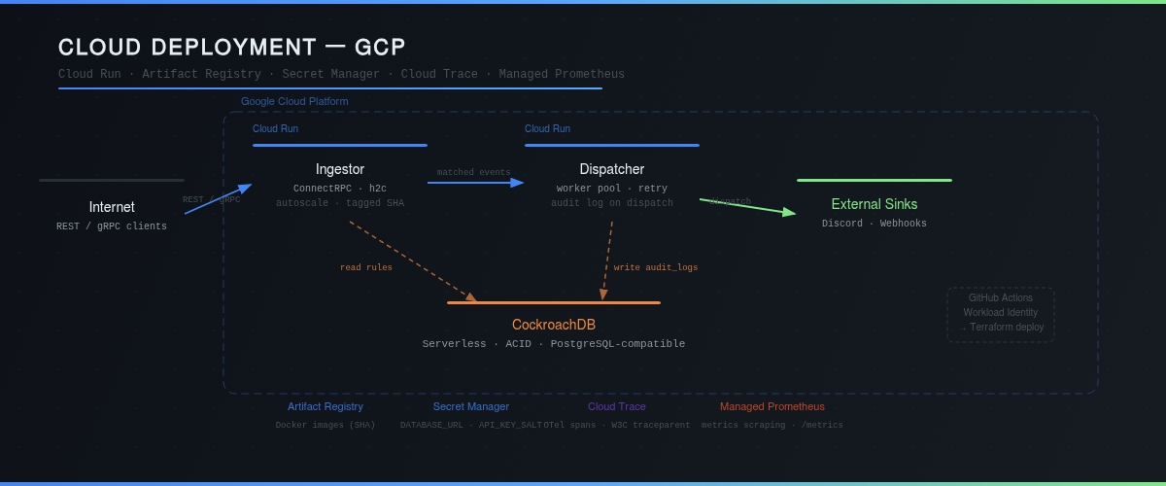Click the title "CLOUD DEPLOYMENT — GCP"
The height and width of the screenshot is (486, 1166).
(231, 47)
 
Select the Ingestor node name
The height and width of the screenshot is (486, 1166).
(340, 169)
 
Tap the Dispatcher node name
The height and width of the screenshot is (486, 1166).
(612, 169)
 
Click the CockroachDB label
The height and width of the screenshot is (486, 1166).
(554, 325)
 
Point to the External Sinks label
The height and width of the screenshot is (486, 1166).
(874, 204)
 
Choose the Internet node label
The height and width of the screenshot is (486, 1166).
(112, 207)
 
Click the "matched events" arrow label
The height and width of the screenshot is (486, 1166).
(473, 172)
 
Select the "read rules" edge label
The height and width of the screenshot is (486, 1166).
(366, 267)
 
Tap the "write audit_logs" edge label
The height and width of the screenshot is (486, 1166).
(656, 267)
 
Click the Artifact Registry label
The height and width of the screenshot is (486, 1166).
(326, 406)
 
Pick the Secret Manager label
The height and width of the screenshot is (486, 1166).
(471, 406)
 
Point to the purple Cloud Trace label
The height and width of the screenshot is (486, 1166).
(617, 406)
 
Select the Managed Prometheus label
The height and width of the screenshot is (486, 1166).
(772, 406)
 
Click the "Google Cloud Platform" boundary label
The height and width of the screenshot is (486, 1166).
(294, 101)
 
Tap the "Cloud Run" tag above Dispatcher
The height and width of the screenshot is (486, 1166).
(547, 128)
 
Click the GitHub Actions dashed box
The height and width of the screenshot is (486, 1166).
(1001, 313)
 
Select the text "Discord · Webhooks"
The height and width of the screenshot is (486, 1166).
(874, 224)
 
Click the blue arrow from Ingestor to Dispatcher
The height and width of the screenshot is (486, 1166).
(476, 182)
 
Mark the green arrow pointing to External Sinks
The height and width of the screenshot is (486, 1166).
(748, 206)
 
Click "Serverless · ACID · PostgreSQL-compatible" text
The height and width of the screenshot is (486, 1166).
(554, 344)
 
